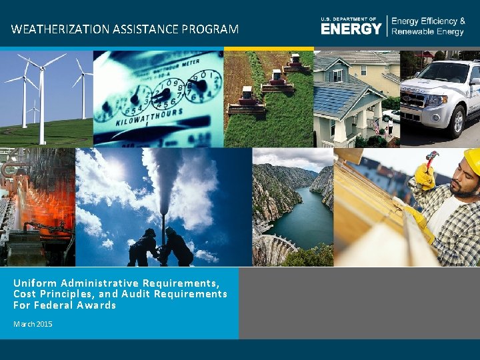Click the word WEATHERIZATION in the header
(53, 29)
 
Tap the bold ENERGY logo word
(351, 29)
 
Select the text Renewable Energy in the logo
(428, 32)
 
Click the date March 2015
(33, 324)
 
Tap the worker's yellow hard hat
(472, 160)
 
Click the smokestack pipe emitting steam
(163, 220)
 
